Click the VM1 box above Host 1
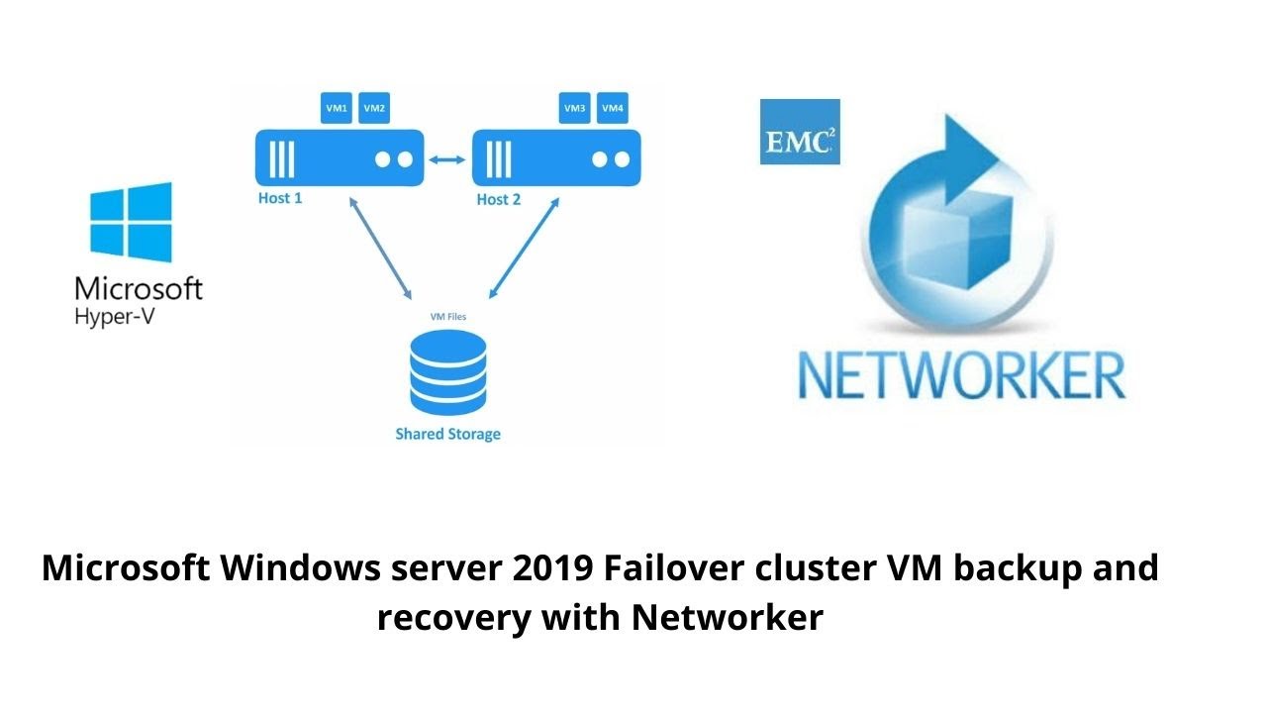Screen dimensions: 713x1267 (x=337, y=108)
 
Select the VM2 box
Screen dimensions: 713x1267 (x=374, y=108)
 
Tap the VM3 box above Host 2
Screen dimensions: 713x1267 (x=574, y=108)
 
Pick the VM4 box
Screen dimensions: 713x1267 (x=613, y=108)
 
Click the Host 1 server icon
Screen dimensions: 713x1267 (x=340, y=158)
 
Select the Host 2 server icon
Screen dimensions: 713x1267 (x=556, y=158)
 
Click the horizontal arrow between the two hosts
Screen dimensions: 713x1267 (x=447, y=158)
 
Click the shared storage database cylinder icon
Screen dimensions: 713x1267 (x=448, y=372)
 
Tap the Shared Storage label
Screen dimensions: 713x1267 (x=448, y=434)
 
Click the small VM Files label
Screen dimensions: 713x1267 (x=448, y=317)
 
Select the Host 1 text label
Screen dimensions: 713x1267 (x=280, y=198)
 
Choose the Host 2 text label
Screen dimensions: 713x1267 (x=498, y=199)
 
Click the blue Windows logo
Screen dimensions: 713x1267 (x=131, y=222)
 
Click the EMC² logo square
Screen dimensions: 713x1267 (x=800, y=132)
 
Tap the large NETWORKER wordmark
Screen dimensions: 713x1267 (x=961, y=375)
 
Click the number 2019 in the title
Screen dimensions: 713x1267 (x=552, y=569)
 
